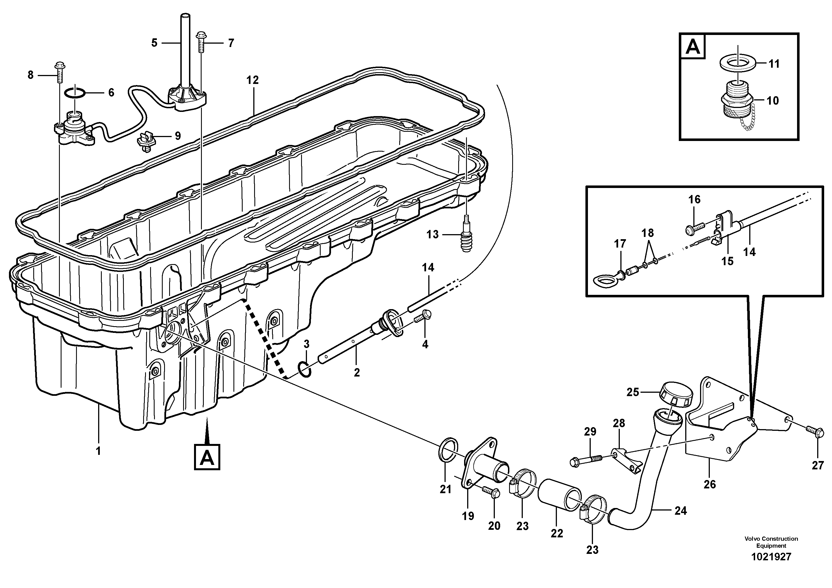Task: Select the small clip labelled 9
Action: click(146, 141)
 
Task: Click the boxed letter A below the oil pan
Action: click(207, 457)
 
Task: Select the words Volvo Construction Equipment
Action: click(771, 542)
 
